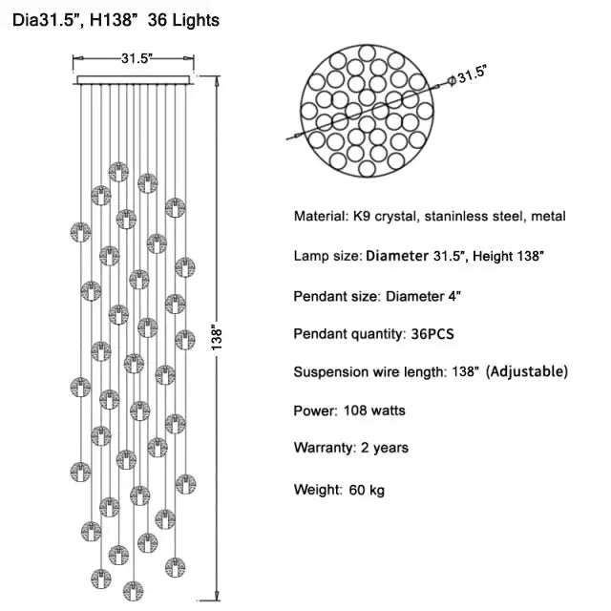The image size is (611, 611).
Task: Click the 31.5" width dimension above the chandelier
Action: tap(137, 58)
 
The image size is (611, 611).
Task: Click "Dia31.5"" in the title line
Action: tap(47, 19)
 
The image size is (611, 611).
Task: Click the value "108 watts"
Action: tap(374, 411)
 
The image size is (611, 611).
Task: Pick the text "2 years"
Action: tap(386, 448)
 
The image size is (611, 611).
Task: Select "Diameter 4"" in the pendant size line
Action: tap(424, 296)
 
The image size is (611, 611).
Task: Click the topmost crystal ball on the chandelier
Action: tap(118, 171)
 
